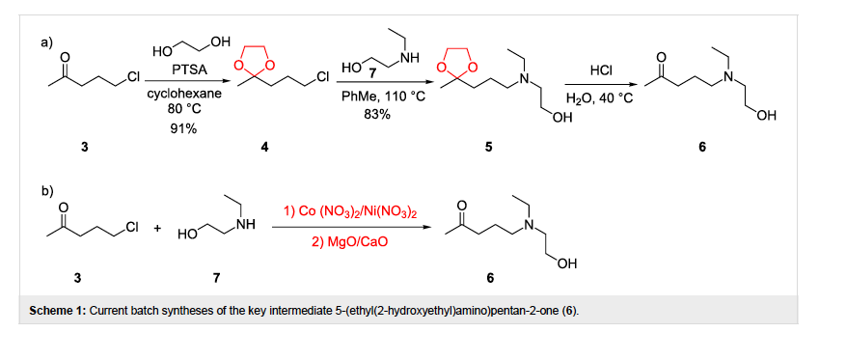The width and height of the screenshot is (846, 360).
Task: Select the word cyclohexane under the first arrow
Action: click(183, 94)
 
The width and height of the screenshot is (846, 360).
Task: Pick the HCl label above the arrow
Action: click(600, 69)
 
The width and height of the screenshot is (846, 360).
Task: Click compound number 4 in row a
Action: click(264, 148)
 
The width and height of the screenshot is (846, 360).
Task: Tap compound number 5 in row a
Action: click(488, 148)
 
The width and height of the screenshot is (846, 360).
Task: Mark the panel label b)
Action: click(47, 190)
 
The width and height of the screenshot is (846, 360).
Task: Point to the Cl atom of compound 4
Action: click(322, 77)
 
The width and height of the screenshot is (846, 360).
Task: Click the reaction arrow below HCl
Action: click(599, 84)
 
